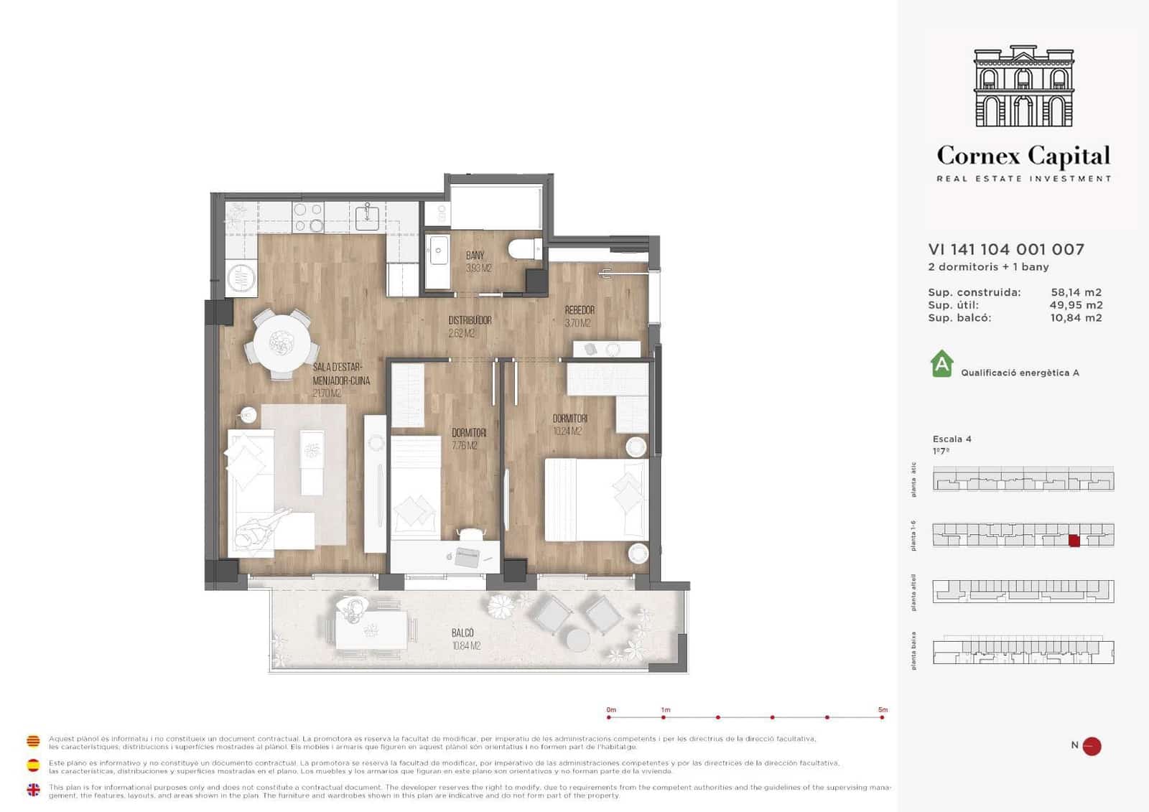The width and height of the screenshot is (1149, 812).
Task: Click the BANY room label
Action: pyautogui.click(x=475, y=256)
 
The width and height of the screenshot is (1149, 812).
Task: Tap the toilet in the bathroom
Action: pyautogui.click(x=525, y=249)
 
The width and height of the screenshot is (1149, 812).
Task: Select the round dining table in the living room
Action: pyautogui.click(x=282, y=342)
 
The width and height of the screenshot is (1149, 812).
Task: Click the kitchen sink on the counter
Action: pyautogui.click(x=368, y=215)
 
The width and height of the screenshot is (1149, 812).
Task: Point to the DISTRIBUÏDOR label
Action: pyautogui.click(x=470, y=320)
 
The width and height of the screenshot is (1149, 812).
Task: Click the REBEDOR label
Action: pyautogui.click(x=579, y=310)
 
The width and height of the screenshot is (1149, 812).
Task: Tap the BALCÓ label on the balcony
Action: pyautogui.click(x=462, y=633)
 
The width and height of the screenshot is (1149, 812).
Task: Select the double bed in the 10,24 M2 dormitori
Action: pyautogui.click(x=595, y=500)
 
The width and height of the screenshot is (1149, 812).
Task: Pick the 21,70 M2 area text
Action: pyautogui.click(x=327, y=393)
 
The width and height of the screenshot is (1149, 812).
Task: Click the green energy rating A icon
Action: pyautogui.click(x=941, y=364)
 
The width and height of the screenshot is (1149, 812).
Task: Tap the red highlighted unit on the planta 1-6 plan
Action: pyautogui.click(x=1074, y=541)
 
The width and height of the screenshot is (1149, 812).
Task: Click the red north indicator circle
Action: pyautogui.click(x=1092, y=746)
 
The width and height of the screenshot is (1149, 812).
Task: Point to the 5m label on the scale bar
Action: pyautogui.click(x=883, y=709)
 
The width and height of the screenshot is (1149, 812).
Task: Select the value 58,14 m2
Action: pyautogui.click(x=1075, y=292)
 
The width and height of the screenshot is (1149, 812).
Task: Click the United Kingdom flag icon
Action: pyautogui.click(x=33, y=790)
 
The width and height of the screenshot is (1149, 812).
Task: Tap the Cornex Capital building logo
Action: pyautogui.click(x=1023, y=87)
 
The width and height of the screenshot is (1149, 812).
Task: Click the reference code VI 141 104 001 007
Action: pyautogui.click(x=1005, y=249)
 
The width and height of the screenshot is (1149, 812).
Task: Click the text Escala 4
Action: pyautogui.click(x=952, y=439)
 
